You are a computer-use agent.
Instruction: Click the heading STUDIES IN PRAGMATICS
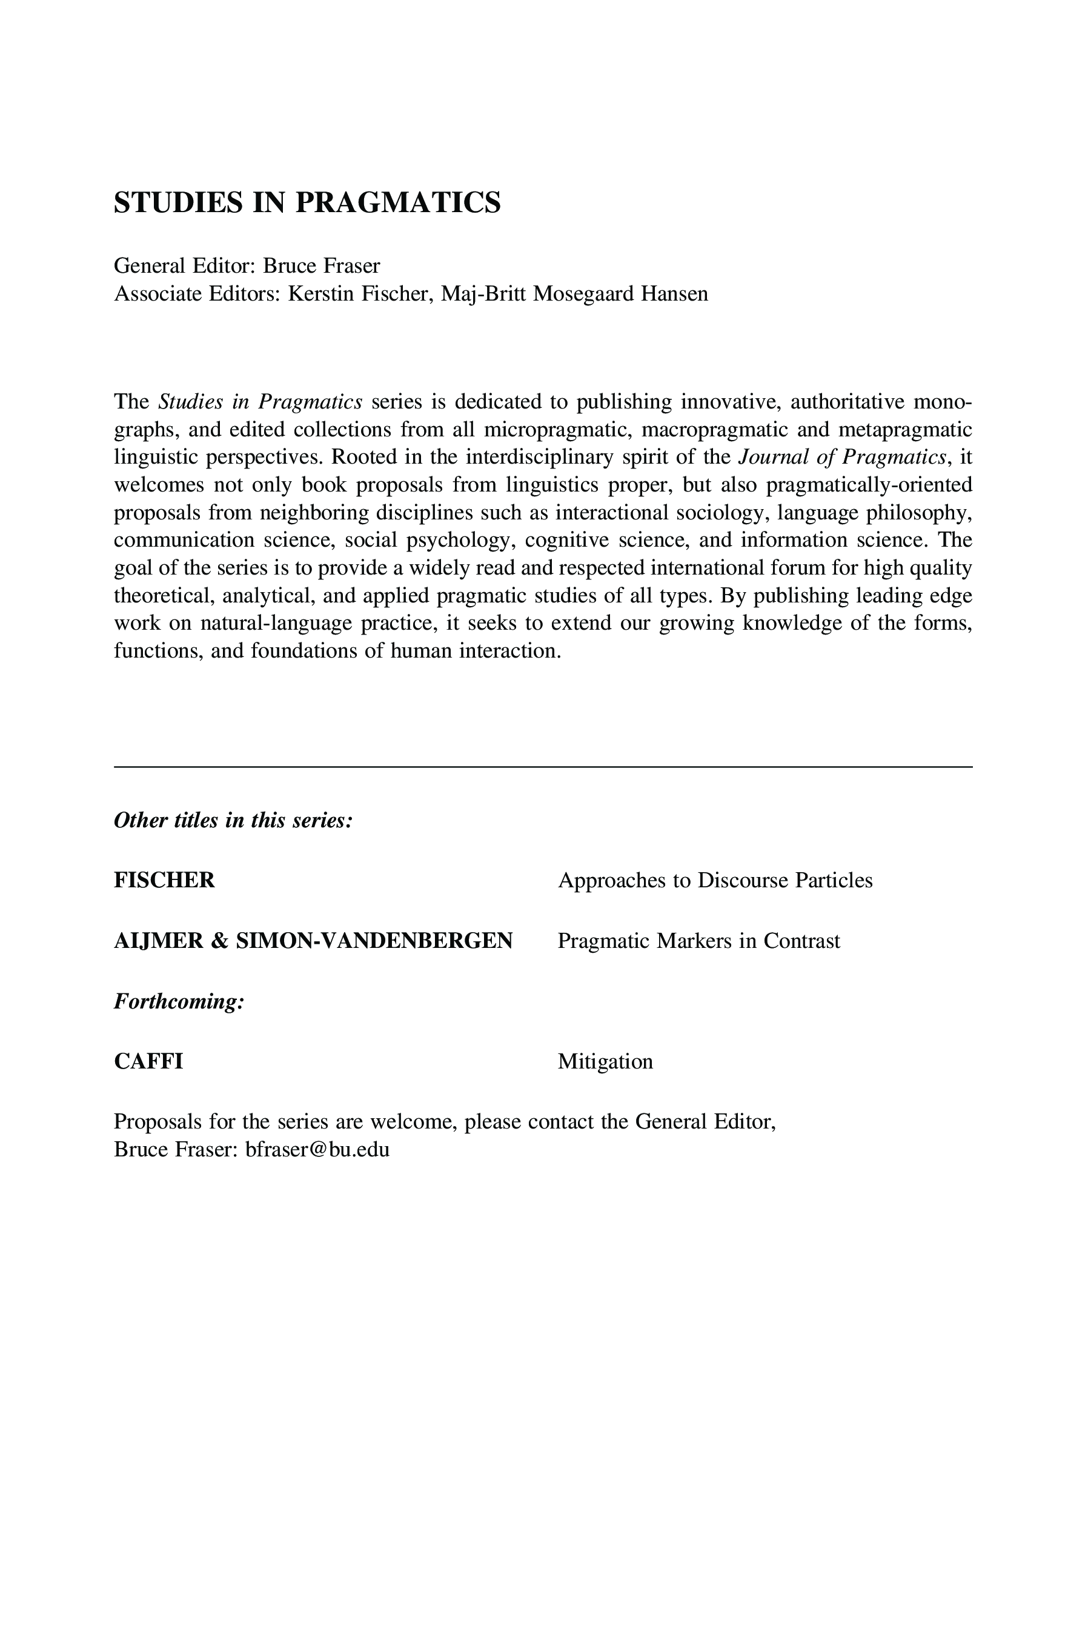pos(307,202)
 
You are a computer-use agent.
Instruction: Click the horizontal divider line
pos(543,767)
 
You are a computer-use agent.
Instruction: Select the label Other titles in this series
pos(233,821)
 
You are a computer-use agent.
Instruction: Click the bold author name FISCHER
pos(164,880)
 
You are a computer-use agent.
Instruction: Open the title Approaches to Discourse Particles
pos(715,880)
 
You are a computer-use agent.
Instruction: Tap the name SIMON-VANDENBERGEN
pos(374,941)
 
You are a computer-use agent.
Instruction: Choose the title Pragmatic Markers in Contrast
pos(698,941)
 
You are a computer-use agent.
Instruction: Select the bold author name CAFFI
pos(148,1061)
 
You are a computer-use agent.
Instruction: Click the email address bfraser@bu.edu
pos(317,1150)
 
